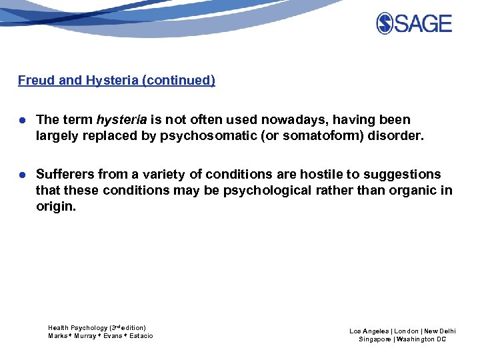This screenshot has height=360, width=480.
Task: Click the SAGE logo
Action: click(414, 24)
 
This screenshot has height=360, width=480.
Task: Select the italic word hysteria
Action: click(121, 120)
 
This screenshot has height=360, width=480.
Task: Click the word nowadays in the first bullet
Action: click(288, 120)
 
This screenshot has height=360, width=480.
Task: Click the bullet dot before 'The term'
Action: click(22, 121)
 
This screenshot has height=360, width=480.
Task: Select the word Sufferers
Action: click(65, 175)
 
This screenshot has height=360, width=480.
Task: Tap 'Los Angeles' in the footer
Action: click(370, 331)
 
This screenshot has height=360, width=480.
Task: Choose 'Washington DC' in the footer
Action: click(422, 339)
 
